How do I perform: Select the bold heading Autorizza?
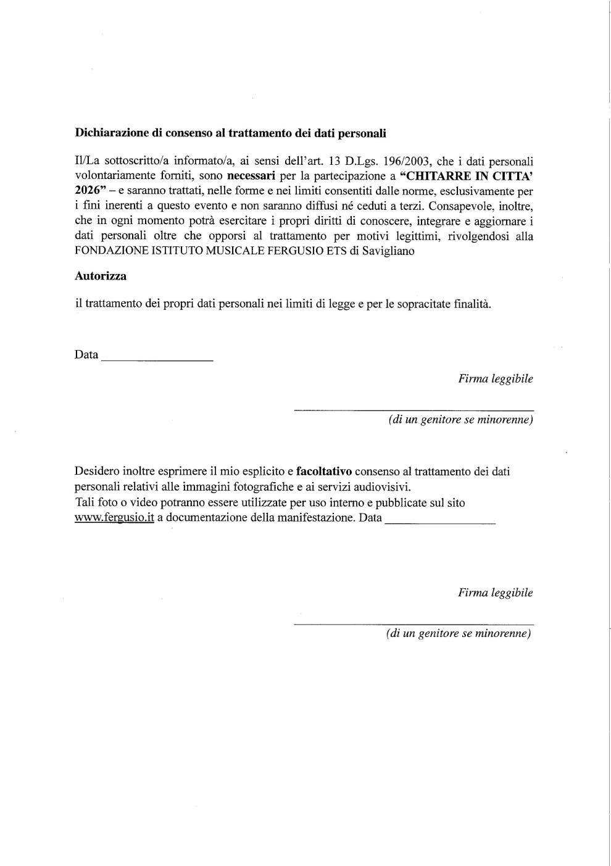click(101, 277)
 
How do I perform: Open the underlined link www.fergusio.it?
click(114, 518)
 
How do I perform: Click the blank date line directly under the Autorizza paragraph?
click(157, 359)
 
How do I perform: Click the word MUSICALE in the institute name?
click(236, 251)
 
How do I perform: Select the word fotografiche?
click(260, 487)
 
